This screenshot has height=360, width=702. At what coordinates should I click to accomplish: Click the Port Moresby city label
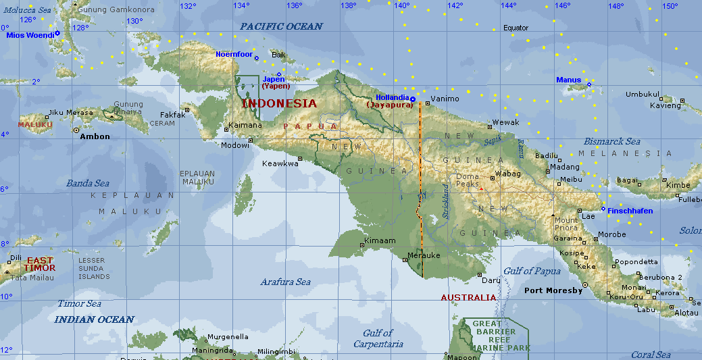[553, 291]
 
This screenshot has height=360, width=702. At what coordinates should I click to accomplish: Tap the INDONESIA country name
[278, 103]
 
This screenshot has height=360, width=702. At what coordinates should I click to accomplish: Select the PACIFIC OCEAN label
[281, 26]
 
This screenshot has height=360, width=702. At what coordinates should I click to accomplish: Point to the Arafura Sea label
[286, 282]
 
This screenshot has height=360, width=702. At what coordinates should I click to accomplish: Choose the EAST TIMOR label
[40, 264]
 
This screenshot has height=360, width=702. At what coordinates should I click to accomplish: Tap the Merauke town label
[424, 256]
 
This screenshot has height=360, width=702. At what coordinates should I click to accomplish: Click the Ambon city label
[95, 136]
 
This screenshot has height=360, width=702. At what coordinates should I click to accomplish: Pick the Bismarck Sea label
[612, 142]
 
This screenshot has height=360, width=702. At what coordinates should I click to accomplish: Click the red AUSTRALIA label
[468, 297]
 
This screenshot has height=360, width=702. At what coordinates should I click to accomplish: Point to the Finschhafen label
[630, 211]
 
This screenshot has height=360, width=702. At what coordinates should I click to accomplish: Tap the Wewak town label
[506, 122]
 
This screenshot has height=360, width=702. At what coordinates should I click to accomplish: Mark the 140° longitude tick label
[401, 6]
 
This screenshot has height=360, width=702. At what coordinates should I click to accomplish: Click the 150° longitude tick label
[670, 6]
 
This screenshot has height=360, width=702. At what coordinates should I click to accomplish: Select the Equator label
[516, 28]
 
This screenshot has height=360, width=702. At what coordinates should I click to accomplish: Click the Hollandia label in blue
[393, 97]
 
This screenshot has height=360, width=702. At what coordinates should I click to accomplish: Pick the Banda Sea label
[87, 183]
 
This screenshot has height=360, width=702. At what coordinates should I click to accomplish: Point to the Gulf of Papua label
[532, 271]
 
